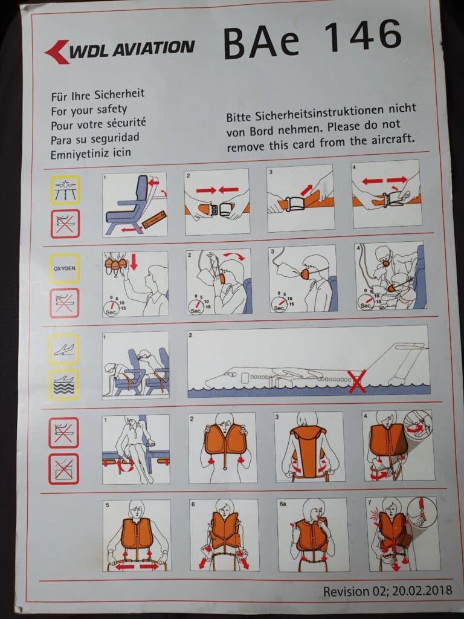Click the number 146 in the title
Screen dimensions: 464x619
pyautogui.click(x=363, y=36)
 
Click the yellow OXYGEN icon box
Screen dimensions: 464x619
pyautogui.click(x=64, y=268)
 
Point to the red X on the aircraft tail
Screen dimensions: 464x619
pyautogui.click(x=357, y=381)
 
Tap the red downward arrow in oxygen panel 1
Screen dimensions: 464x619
pyautogui.click(x=134, y=262)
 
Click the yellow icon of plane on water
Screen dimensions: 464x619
pyautogui.click(x=64, y=385)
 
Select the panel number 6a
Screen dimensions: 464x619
pyautogui.click(x=283, y=504)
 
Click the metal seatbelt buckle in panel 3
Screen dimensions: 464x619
pyautogui.click(x=295, y=204)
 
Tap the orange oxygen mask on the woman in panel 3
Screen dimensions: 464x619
pyautogui.click(x=306, y=273)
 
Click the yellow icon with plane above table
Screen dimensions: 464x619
pyautogui.click(x=65, y=190)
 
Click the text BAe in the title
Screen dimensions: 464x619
pyautogui.click(x=261, y=43)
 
